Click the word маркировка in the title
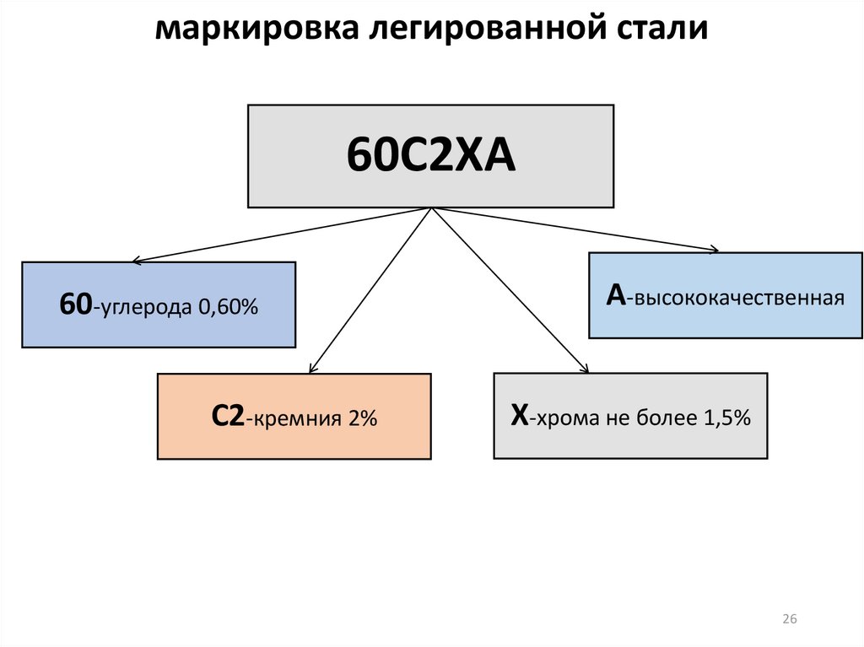tap(255, 30)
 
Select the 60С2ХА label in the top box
tap(430, 158)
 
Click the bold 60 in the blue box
tap(76, 305)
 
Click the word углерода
tap(146, 309)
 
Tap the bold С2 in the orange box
tap(229, 417)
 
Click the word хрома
tap(574, 418)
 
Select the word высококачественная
tap(740, 299)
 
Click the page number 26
tap(790, 620)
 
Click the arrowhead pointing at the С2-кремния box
tap(312, 368)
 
